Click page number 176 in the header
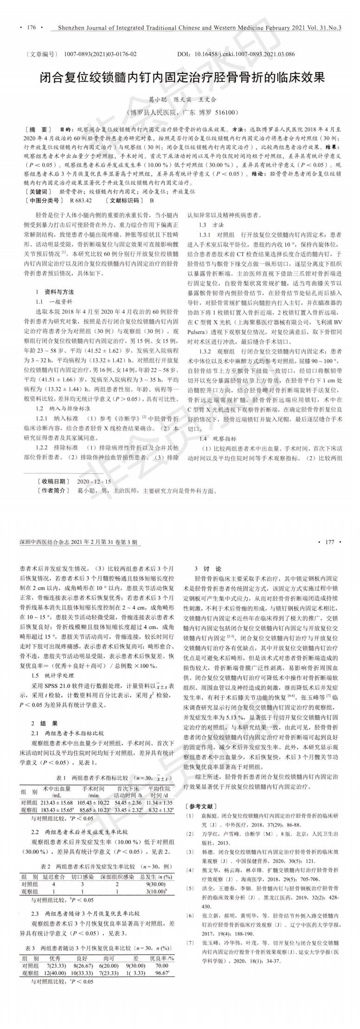32,28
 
